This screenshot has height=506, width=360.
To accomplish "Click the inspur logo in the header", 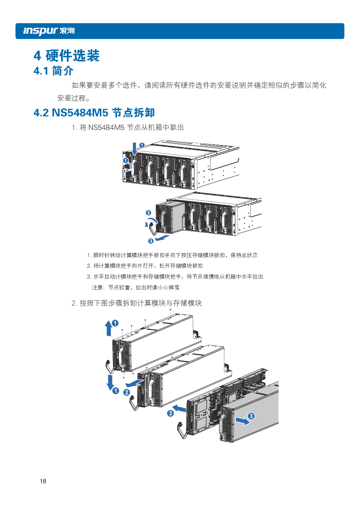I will pos(49,31).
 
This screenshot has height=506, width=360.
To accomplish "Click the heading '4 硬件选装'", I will pos(67,56).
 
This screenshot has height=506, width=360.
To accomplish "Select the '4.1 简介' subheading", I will pos(53,71).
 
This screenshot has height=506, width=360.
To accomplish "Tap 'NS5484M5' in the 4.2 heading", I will pos(80,113).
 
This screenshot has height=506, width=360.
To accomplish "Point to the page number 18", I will pos(43,481).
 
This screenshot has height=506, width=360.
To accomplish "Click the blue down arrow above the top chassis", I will pos(134,148).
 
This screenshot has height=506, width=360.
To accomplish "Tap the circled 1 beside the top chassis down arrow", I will pos(142,145).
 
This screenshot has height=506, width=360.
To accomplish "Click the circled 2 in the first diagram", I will pos(149,213).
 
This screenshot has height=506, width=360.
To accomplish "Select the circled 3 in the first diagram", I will pos(151,241).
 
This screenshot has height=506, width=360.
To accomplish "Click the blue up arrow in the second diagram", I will pos(109,328).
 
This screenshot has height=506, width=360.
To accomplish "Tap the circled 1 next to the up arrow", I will pos(115,323).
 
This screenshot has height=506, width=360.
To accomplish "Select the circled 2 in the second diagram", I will pos(126,392).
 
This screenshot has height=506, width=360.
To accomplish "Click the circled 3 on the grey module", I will pos(251,416).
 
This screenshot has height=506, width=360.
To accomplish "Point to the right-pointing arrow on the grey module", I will pos(242,421).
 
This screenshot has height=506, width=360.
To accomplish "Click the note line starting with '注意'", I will pos(136,287).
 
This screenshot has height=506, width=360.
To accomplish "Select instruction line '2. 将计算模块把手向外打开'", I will pos(145,266).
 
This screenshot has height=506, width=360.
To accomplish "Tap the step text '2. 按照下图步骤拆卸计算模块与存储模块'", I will pos(137,303).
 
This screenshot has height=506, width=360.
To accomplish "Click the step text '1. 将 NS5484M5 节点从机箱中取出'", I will pos(128,127).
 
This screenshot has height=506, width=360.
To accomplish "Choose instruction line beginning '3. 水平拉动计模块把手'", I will pos(175,277).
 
